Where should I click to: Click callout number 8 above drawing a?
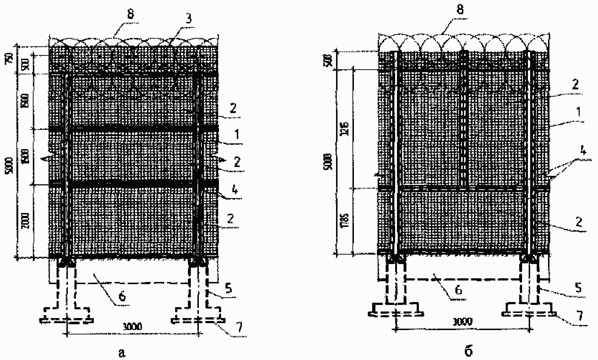tap(131, 15)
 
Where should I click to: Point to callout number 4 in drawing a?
tap(235, 190)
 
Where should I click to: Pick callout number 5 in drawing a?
tap(229, 289)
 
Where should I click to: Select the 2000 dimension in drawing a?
tap(26, 221)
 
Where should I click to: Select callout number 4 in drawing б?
tap(583, 150)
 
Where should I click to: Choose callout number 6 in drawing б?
tap(459, 290)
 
